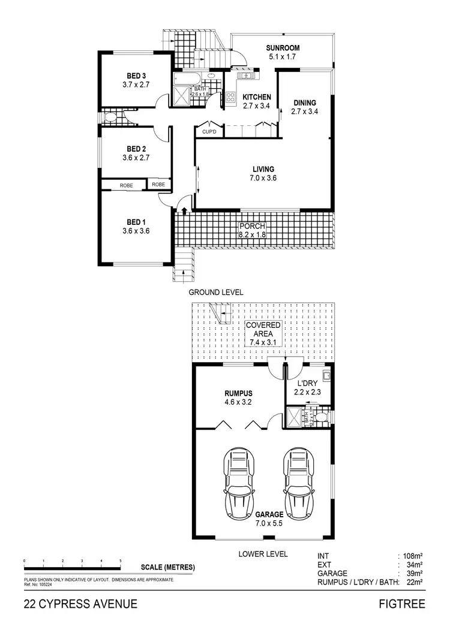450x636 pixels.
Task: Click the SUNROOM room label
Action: pyautogui.click(x=283, y=48)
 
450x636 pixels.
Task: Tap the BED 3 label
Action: pyautogui.click(x=136, y=76)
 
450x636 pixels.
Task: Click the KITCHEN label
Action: pyautogui.click(x=257, y=97)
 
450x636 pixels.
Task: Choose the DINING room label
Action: pyautogui.click(x=304, y=103)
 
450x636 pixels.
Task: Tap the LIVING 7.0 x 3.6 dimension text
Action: pyautogui.click(x=263, y=177)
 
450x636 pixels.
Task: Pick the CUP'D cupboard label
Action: pyautogui.click(x=209, y=131)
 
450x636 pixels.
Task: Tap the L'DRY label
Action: pyautogui.click(x=307, y=382)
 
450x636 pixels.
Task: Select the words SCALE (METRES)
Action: pyautogui.click(x=167, y=567)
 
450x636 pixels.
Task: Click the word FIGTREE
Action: pyautogui.click(x=401, y=604)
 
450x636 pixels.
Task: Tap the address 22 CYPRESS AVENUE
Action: pyautogui.click(x=81, y=604)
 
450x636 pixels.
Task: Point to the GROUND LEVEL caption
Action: pyautogui.click(x=215, y=293)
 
